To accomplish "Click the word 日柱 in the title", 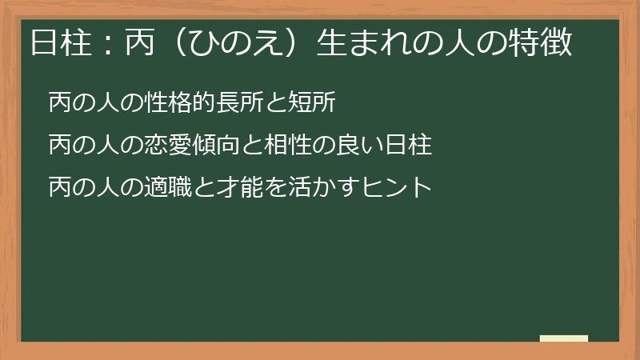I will [x=57, y=42].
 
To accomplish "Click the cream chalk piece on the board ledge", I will [x=563, y=338].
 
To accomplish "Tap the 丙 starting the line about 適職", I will [x=59, y=188].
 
